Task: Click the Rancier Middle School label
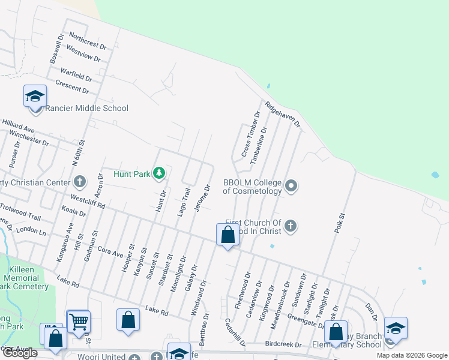coord(87,109)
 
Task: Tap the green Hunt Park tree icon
coord(158,173)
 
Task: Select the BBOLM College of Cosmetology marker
coord(291,185)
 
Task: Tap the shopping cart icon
coord(79,322)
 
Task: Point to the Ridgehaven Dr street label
coord(282,112)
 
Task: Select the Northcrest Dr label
coord(88,40)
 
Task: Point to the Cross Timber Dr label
coord(250,135)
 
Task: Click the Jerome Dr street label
coord(202,198)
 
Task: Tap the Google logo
coord(20,353)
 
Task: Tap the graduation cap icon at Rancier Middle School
coord(35,96)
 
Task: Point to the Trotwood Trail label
coord(20,211)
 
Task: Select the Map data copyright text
coord(411,355)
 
